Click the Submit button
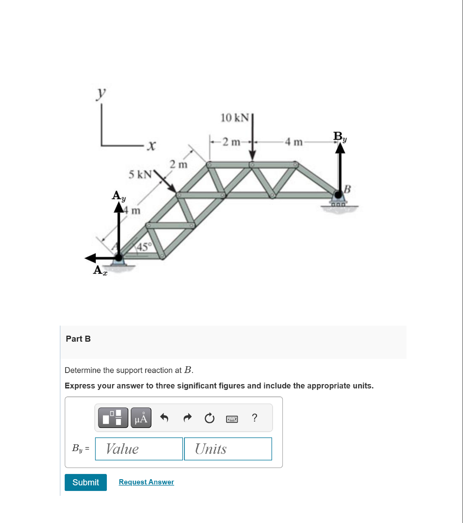click(x=85, y=482)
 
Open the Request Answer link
click(x=146, y=482)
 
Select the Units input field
click(x=228, y=449)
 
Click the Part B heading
click(x=78, y=339)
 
